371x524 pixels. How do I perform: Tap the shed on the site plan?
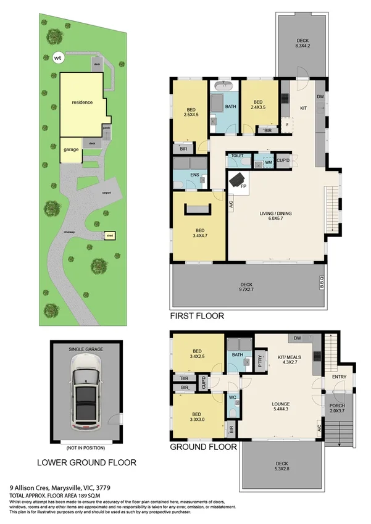click(110, 235)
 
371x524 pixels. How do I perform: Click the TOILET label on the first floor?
click(237, 156)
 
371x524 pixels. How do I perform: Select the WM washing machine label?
click(269, 162)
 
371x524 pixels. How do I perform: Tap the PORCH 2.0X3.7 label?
click(338, 408)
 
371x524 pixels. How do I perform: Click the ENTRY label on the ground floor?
click(339, 376)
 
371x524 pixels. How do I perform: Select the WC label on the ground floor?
click(232, 397)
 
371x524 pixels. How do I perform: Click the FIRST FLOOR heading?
click(197, 316)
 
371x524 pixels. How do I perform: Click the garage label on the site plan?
click(71, 149)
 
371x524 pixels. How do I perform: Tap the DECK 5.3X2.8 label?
click(283, 466)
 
